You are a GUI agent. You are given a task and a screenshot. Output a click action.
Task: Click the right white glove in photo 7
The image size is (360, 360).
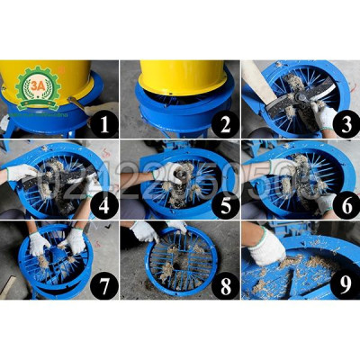(x=76, y=240)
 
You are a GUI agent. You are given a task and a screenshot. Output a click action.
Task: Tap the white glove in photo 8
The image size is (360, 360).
(x=144, y=232)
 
